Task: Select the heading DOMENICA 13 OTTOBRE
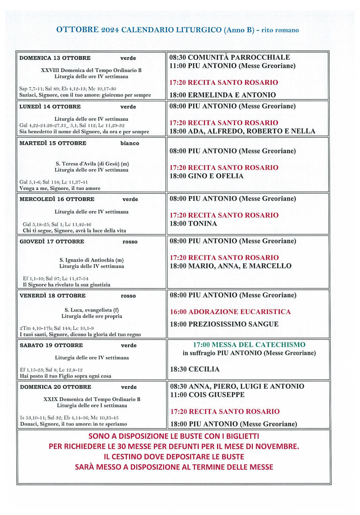[x=55, y=58]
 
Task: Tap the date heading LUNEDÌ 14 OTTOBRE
[x=50, y=107]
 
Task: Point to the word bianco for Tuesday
[x=130, y=143]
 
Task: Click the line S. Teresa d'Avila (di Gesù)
[x=92, y=164]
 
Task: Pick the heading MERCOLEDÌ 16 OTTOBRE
[x=57, y=199]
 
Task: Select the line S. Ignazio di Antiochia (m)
[x=91, y=260]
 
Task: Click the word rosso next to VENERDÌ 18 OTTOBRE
[x=128, y=296]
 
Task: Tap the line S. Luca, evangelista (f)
[x=92, y=310]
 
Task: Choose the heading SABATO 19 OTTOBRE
[x=52, y=345]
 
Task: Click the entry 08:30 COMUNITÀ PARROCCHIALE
[x=230, y=57]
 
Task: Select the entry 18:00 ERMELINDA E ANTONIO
[x=223, y=95]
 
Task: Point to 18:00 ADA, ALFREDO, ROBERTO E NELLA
[x=242, y=131]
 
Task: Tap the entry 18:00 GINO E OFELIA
[x=206, y=176]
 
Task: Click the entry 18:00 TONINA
[x=193, y=224]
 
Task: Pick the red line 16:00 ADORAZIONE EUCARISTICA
[x=230, y=312]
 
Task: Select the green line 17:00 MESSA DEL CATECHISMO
[x=249, y=345]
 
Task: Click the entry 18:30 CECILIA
[x=194, y=369]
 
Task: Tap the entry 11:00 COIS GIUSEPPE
[x=207, y=395]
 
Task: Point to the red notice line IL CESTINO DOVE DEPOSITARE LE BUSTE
[x=174, y=457]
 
